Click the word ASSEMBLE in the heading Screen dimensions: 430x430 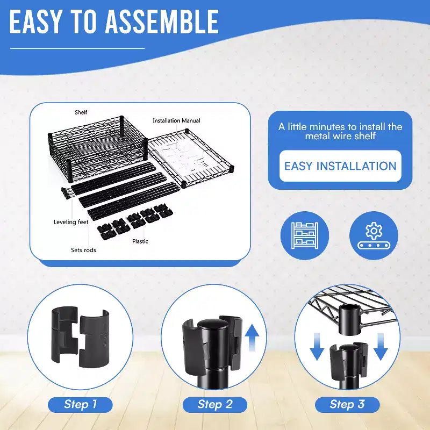tap(162, 21)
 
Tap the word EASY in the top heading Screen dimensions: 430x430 tap(34, 21)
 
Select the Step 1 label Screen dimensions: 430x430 tap(80, 405)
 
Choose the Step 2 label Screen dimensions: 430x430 tap(214, 405)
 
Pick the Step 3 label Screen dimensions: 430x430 tap(347, 405)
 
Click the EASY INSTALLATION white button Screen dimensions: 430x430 tap(340, 166)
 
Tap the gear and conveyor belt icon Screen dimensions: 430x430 tap(374, 235)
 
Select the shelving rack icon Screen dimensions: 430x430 tap(305, 235)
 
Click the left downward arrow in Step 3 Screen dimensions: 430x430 tap(317, 346)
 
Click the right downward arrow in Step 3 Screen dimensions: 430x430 tap(381, 346)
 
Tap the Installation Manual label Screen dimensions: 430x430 tap(176, 120)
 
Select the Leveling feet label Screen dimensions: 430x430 tap(71, 222)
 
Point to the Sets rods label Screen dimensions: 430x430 tap(83, 250)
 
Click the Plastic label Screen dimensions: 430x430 tap(140, 241)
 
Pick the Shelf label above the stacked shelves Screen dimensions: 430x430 tap(81, 112)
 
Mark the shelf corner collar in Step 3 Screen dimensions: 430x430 tap(350, 319)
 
